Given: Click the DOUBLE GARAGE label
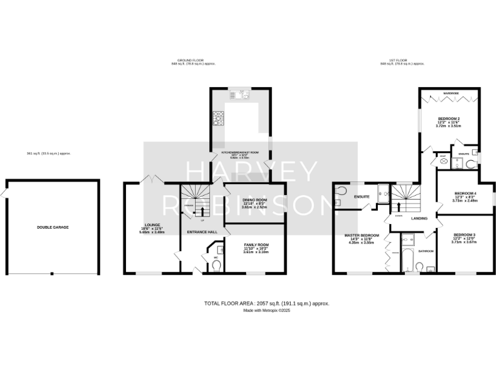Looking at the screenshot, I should coord(52,227).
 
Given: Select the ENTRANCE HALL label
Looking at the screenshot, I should coord(201,231).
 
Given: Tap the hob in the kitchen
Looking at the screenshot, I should coord(218,118).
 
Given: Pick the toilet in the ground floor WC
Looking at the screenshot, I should coord(216,265).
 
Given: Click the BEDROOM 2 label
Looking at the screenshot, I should coord(449,119).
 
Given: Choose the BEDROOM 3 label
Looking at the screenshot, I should coord(464,234).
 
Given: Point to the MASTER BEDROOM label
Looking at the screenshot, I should coord(361,235).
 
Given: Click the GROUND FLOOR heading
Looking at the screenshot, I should coord(193,60).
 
